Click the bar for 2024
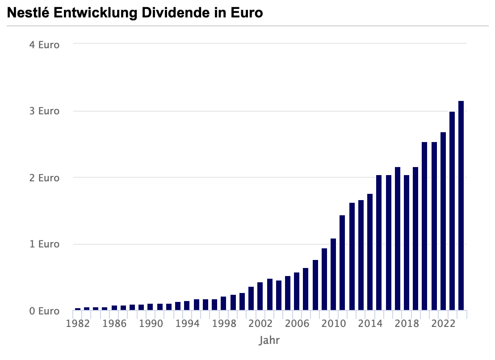click(461, 205)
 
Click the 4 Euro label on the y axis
click(44, 45)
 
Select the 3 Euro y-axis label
click(44, 111)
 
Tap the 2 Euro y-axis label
click(44, 178)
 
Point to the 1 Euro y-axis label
click(44, 244)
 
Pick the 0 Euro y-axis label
click(44, 311)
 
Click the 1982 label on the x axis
click(78, 323)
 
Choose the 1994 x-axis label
click(187, 323)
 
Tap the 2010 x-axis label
click(333, 323)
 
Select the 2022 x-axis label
click(443, 323)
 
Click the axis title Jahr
click(269, 341)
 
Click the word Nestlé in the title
click(28, 13)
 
